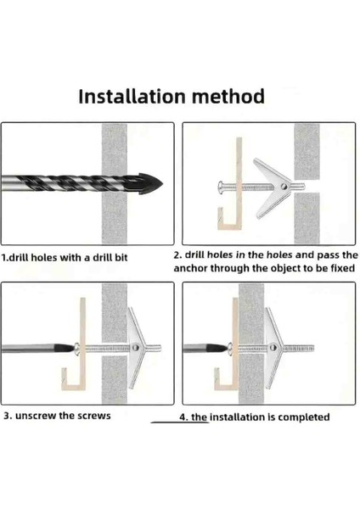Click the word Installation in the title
point(132,97)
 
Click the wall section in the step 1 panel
point(115,183)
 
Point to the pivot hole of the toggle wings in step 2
point(284,187)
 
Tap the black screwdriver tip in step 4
point(217,349)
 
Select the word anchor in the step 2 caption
point(190,268)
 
